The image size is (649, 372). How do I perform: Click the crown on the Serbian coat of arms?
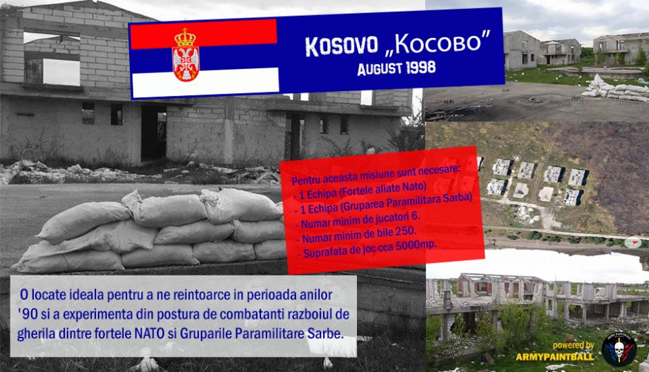point(185,38)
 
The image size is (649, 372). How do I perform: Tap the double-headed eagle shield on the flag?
point(186,63)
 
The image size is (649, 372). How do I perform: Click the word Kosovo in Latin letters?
point(342,46)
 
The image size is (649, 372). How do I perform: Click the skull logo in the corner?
point(619,349)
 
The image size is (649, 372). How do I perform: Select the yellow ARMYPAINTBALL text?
point(554,356)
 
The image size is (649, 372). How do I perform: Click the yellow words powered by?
point(573,346)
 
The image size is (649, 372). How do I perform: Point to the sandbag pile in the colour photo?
point(615,89)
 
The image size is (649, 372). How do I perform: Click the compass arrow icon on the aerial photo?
point(633,242)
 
